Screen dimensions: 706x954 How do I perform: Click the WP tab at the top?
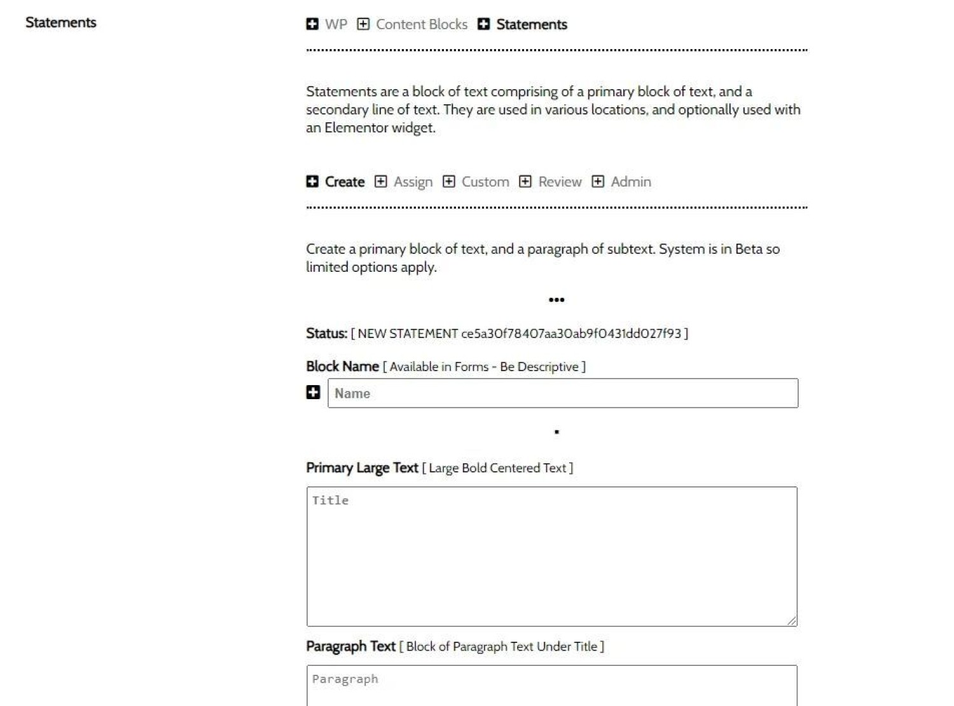click(x=335, y=24)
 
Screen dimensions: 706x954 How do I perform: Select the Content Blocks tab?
click(x=421, y=24)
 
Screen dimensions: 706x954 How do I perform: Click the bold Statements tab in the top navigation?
click(x=531, y=24)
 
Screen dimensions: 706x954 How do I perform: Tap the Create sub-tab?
click(x=344, y=181)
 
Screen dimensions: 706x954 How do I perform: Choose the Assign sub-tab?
click(x=413, y=181)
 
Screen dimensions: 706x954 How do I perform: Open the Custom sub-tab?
click(x=485, y=181)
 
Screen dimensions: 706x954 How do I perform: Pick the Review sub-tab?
click(x=560, y=181)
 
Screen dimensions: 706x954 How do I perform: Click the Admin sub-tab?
click(x=630, y=181)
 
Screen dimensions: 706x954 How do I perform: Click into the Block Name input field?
click(x=562, y=393)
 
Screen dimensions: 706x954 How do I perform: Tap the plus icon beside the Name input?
click(x=313, y=392)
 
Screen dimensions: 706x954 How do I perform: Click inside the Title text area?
click(x=551, y=556)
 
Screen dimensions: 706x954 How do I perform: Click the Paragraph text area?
click(x=551, y=686)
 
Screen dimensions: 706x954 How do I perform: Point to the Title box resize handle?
click(x=791, y=621)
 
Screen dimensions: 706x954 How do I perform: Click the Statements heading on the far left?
click(x=61, y=22)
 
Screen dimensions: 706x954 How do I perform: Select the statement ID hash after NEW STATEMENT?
click(x=570, y=334)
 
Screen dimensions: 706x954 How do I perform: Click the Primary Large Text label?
click(x=362, y=468)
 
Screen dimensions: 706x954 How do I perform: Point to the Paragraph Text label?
click(x=350, y=646)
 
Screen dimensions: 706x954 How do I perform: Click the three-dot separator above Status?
click(x=556, y=300)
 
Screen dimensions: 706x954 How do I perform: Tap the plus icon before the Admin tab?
click(x=598, y=181)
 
